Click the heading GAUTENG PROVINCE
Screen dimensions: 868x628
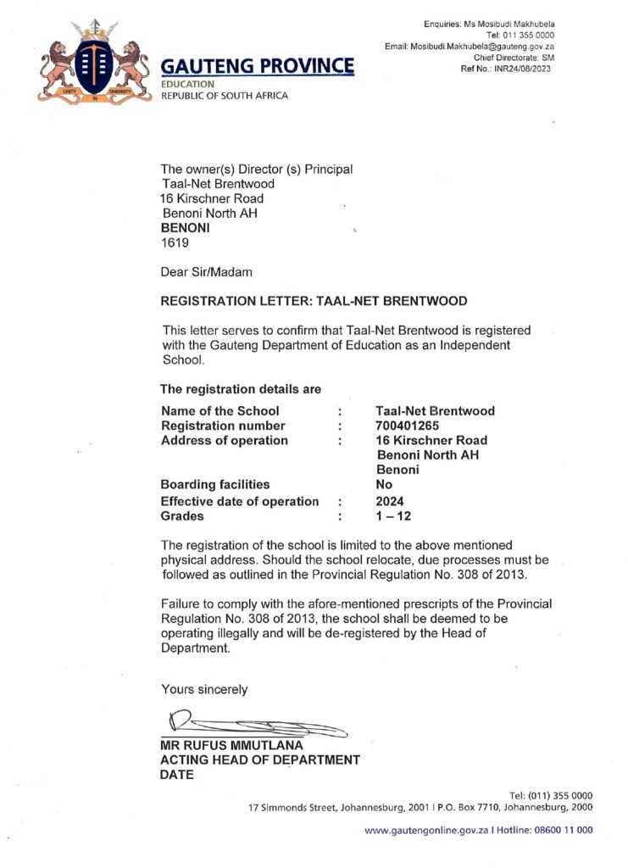[x=258, y=65]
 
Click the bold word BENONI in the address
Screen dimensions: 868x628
[x=186, y=228]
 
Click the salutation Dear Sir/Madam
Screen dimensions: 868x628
[x=206, y=272]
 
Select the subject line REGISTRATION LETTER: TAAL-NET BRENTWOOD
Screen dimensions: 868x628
[x=314, y=301]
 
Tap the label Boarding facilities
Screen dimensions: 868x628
[x=215, y=484]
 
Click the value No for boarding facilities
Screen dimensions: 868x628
[x=384, y=484]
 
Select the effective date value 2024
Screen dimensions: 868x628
[x=390, y=500]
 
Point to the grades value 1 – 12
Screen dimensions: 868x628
[x=393, y=515]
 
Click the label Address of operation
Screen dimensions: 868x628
[x=224, y=441]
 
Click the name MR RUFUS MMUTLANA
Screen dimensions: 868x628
[x=233, y=745]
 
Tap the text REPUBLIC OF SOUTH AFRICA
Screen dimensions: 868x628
[x=225, y=96]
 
